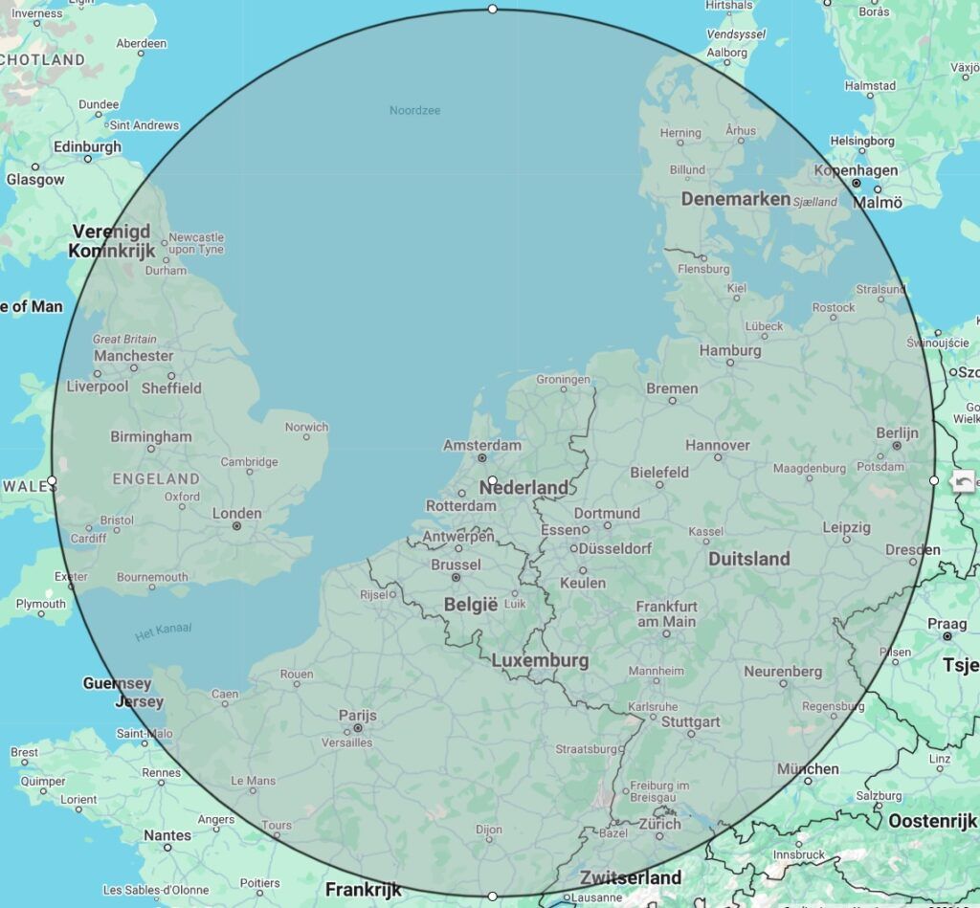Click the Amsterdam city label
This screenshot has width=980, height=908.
482,445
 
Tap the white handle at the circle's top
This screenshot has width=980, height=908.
492,9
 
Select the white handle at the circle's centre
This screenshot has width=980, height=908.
492,480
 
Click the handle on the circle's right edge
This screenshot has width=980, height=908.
934,480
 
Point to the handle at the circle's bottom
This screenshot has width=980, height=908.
492,897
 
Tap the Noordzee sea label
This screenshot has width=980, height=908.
414,110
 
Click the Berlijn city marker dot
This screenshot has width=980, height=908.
897,446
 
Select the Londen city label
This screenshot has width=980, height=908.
236,513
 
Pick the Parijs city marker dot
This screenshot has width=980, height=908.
358,728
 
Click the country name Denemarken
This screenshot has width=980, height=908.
735,199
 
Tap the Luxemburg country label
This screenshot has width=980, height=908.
540,660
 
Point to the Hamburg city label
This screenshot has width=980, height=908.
729,350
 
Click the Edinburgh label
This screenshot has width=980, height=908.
87,146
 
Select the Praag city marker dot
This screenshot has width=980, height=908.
947,636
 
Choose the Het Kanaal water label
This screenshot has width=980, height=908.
163,630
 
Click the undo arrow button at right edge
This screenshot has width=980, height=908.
963,483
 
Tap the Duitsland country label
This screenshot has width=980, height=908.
748,558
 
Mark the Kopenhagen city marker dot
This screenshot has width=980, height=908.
857,183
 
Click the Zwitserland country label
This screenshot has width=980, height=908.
630,877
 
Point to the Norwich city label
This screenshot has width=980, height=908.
306,427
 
